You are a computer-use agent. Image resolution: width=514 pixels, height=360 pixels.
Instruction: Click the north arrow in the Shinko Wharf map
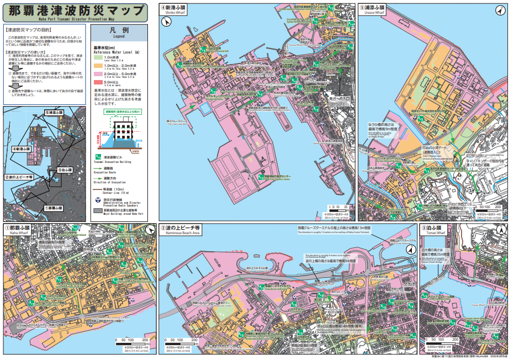167,22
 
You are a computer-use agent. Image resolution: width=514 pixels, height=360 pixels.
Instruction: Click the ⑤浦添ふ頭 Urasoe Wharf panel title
373,9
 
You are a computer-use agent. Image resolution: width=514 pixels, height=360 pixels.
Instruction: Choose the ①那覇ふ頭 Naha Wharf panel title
18,229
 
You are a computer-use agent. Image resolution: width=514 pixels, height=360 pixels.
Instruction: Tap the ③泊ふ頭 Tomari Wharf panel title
434,229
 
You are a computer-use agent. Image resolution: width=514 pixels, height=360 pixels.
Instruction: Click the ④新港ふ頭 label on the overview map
22,149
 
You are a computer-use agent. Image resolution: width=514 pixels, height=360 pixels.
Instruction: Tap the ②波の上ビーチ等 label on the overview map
19,177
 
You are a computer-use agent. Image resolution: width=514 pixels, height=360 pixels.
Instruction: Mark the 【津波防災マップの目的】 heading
28,28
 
